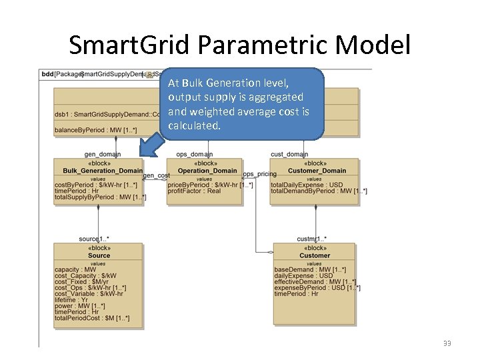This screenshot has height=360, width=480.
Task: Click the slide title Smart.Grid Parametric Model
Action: point(240,45)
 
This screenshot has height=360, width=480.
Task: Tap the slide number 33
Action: point(446,343)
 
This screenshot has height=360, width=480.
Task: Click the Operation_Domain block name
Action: point(207,171)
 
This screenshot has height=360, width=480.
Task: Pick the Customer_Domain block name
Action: point(317,171)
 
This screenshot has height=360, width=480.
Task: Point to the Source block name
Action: point(99,255)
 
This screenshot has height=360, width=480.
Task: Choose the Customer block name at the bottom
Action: point(314,255)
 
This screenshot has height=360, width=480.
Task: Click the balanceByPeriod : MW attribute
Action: point(95,129)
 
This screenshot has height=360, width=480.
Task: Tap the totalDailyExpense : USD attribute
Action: point(307,185)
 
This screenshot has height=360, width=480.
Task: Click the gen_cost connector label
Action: point(156,175)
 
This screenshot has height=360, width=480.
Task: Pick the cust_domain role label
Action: point(289,155)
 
